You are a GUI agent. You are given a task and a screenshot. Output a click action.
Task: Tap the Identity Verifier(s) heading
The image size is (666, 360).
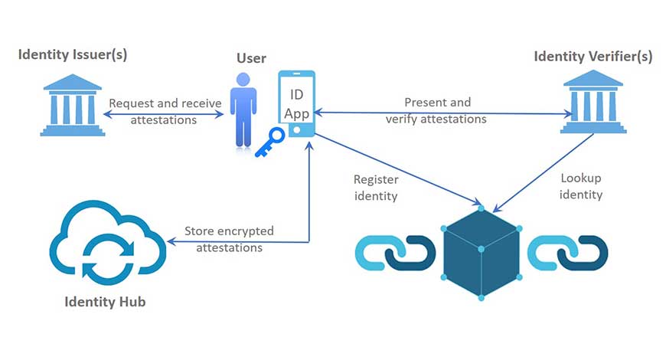(x=593, y=56)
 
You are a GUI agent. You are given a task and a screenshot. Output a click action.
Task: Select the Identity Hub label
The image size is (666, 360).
(x=105, y=302)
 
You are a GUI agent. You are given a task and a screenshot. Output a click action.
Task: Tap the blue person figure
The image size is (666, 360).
(x=243, y=110)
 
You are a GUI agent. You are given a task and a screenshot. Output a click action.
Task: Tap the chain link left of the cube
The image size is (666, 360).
(x=397, y=250)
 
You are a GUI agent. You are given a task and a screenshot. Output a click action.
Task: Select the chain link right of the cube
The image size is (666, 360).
(x=566, y=250)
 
